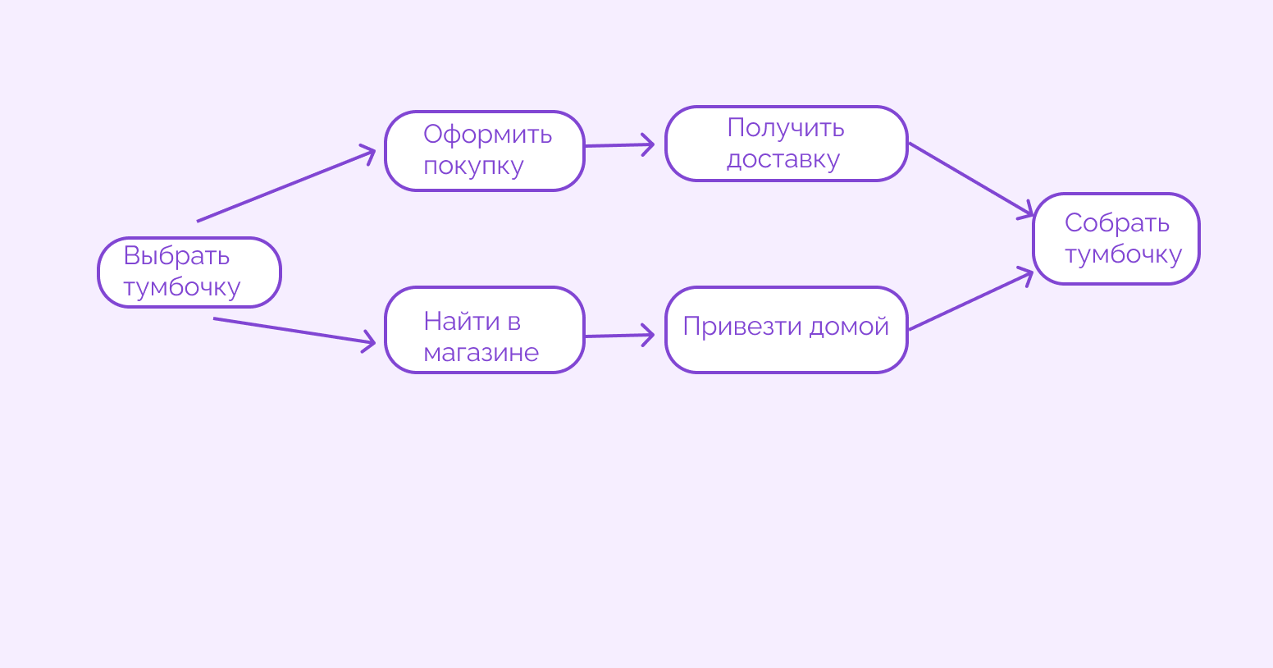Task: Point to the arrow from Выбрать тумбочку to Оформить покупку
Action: click(x=285, y=185)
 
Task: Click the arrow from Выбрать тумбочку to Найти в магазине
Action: click(x=294, y=331)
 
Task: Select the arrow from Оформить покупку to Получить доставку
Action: click(x=619, y=145)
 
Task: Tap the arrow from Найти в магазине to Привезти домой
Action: click(x=619, y=336)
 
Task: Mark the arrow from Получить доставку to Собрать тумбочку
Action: click(x=970, y=179)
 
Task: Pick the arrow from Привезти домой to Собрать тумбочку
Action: click(x=970, y=300)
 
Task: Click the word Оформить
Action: click(x=487, y=135)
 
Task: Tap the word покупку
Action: click(x=473, y=166)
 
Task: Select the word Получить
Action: click(x=785, y=128)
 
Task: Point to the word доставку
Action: click(x=783, y=159)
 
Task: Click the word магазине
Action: click(x=481, y=353)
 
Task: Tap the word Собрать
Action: click(x=1116, y=223)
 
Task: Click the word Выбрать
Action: click(x=176, y=256)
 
